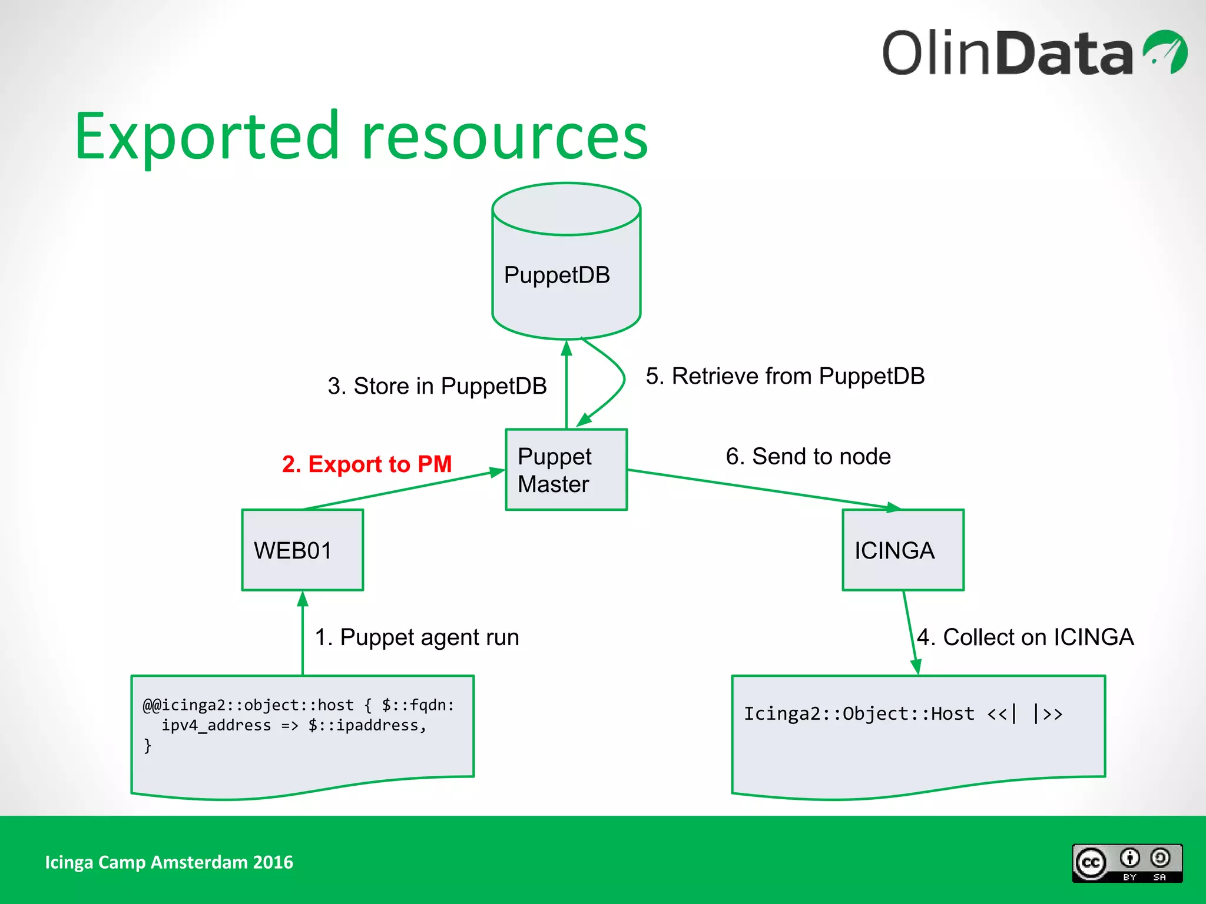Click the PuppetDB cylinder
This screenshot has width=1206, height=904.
[566, 271]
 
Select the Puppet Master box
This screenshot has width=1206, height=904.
[566, 470]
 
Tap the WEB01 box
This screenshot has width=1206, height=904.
[303, 550]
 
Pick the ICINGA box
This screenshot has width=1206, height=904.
[903, 550]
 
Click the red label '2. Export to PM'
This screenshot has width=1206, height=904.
[366, 464]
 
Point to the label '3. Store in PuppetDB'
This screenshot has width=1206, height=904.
[437, 386]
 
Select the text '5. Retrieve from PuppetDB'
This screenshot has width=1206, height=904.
[784, 376]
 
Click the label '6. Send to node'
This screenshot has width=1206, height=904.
[808, 457]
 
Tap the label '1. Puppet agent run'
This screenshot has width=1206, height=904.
[417, 637]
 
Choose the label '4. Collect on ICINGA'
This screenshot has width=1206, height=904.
[1025, 637]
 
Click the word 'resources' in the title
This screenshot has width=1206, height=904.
[505, 137]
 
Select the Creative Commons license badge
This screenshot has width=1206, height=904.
[1127, 863]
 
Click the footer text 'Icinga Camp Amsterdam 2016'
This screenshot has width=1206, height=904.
[169, 862]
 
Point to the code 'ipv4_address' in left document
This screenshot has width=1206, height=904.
[216, 725]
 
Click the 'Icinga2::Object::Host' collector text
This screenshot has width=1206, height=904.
[859, 714]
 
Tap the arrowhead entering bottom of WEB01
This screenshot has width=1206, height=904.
[303, 599]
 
